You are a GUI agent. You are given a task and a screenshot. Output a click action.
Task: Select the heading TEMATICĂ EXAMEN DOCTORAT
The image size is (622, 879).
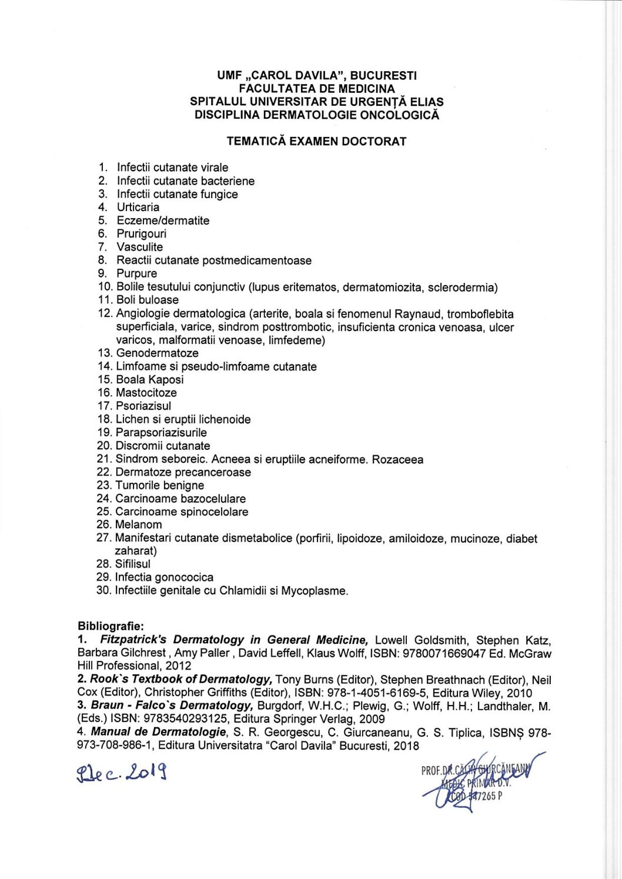tap(316, 141)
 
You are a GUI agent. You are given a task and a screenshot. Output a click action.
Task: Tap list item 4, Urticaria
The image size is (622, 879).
tap(138, 207)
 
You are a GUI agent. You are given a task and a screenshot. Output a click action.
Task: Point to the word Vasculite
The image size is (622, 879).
tap(139, 247)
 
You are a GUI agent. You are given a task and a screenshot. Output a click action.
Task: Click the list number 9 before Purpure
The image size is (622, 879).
tap(102, 273)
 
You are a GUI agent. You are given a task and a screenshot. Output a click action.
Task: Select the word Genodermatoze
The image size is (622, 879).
tap(157, 353)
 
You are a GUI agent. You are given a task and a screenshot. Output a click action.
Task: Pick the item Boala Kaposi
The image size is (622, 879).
tap(149, 379)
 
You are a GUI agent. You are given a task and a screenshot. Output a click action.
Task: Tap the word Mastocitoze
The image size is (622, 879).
tap(146, 393)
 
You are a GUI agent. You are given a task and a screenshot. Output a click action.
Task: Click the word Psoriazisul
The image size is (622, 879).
tap(143, 406)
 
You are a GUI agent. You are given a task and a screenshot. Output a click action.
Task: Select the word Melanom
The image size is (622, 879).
tap(138, 524)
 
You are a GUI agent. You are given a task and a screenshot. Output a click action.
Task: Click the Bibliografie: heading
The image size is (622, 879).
tap(111, 627)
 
